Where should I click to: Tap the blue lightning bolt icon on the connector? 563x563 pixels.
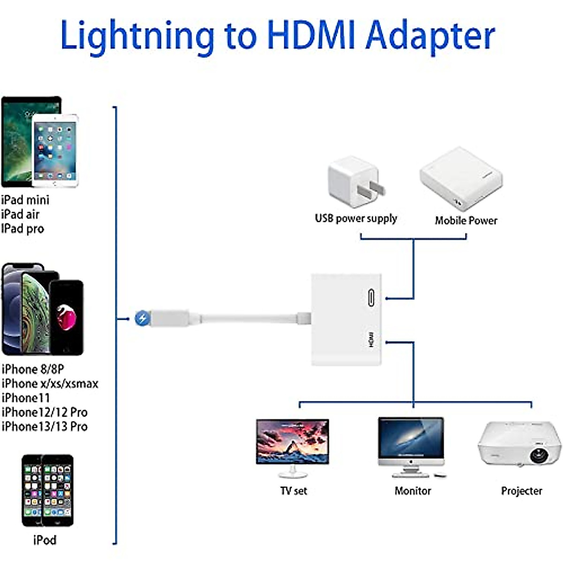point(142,319)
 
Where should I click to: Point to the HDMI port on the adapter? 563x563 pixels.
point(371,339)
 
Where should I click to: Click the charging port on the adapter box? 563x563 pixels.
point(371,297)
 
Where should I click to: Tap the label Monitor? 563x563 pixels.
point(412,491)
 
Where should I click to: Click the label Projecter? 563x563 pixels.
point(521,491)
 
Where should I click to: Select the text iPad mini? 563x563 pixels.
point(25,200)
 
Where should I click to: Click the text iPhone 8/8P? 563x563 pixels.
point(33,369)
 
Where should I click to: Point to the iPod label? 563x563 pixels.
point(45,540)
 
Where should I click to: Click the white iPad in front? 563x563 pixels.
point(55,150)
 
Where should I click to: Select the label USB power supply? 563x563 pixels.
point(356,218)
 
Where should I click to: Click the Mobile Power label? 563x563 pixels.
point(466,220)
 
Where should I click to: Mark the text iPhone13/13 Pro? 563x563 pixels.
point(45,426)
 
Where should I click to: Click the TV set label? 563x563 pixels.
point(293,491)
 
